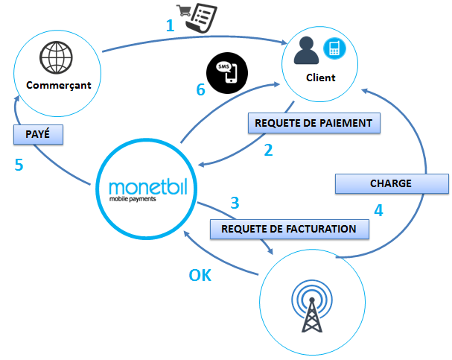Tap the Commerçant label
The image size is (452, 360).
click(58, 85)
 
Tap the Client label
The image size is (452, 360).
click(321, 78)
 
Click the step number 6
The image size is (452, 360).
click(200, 90)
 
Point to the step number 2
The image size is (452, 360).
click(268, 149)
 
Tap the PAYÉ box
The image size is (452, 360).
click(37, 133)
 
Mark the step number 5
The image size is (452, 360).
click(19, 165)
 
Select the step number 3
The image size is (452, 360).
click(235, 202)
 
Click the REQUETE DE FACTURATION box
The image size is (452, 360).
click(290, 229)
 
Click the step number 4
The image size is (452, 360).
click(378, 210)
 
